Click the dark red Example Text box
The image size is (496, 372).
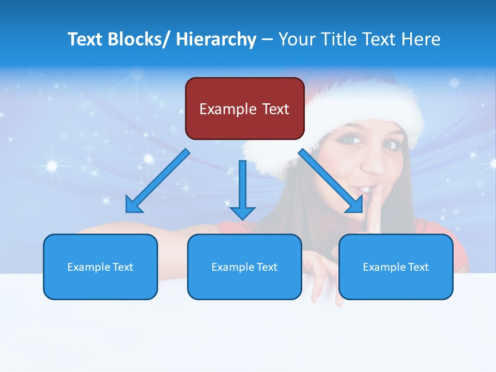[x=244, y=109]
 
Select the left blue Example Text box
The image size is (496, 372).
[x=100, y=267]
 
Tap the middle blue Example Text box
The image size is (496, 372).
[x=244, y=267]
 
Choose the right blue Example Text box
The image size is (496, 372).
[x=396, y=267]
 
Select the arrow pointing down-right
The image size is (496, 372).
[x=331, y=181]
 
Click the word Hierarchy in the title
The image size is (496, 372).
[x=215, y=39]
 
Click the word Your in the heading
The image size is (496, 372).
[x=296, y=39]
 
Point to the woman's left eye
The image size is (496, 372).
[x=390, y=145]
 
